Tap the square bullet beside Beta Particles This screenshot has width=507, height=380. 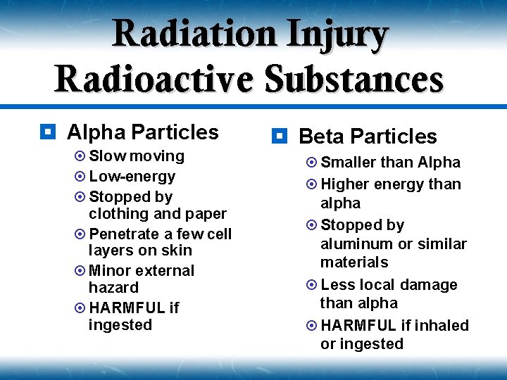(x=279, y=136)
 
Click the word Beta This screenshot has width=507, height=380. (x=321, y=137)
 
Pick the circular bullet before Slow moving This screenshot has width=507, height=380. (x=80, y=156)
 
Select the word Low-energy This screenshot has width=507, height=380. (x=132, y=177)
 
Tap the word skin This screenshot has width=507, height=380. (x=176, y=251)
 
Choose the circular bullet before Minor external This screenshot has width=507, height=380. (x=80, y=271)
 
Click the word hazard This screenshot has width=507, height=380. (x=113, y=288)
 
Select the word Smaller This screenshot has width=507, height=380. (x=348, y=163)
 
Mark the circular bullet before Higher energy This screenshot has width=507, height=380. (x=311, y=184)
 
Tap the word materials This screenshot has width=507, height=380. (x=353, y=262)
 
